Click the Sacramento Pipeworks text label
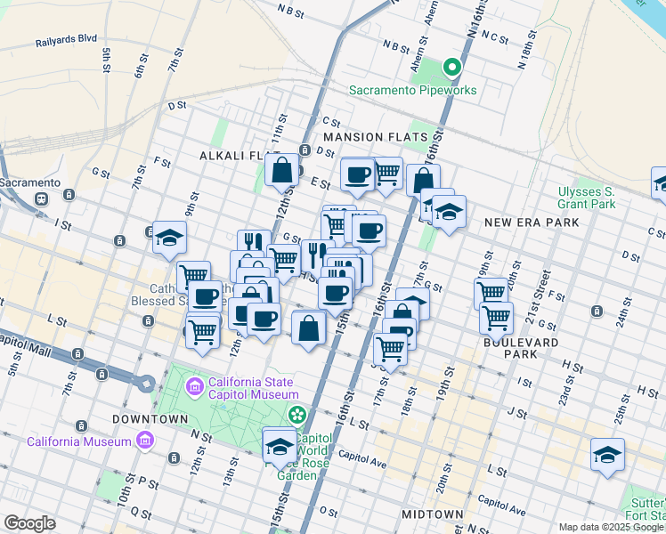pos(412,90)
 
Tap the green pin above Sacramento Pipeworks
pos(451,66)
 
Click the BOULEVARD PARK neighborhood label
pos(521,347)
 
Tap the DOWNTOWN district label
pos(150,418)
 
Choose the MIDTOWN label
pos(432,514)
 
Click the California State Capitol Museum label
pos(253,388)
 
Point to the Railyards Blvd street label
pos(66,41)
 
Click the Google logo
pos(29,523)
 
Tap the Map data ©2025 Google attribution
pos(611,527)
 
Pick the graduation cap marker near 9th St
pos(169,238)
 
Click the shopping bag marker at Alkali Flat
pos(281,170)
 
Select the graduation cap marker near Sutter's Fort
pos(607,455)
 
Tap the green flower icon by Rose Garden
pos(296,415)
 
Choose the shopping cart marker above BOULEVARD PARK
pos(496,317)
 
